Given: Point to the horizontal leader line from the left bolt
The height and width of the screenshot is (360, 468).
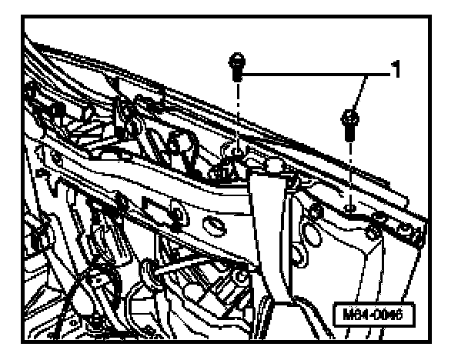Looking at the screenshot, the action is coord(300,75).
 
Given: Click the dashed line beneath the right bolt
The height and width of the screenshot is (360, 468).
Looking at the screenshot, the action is coord(350,169).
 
